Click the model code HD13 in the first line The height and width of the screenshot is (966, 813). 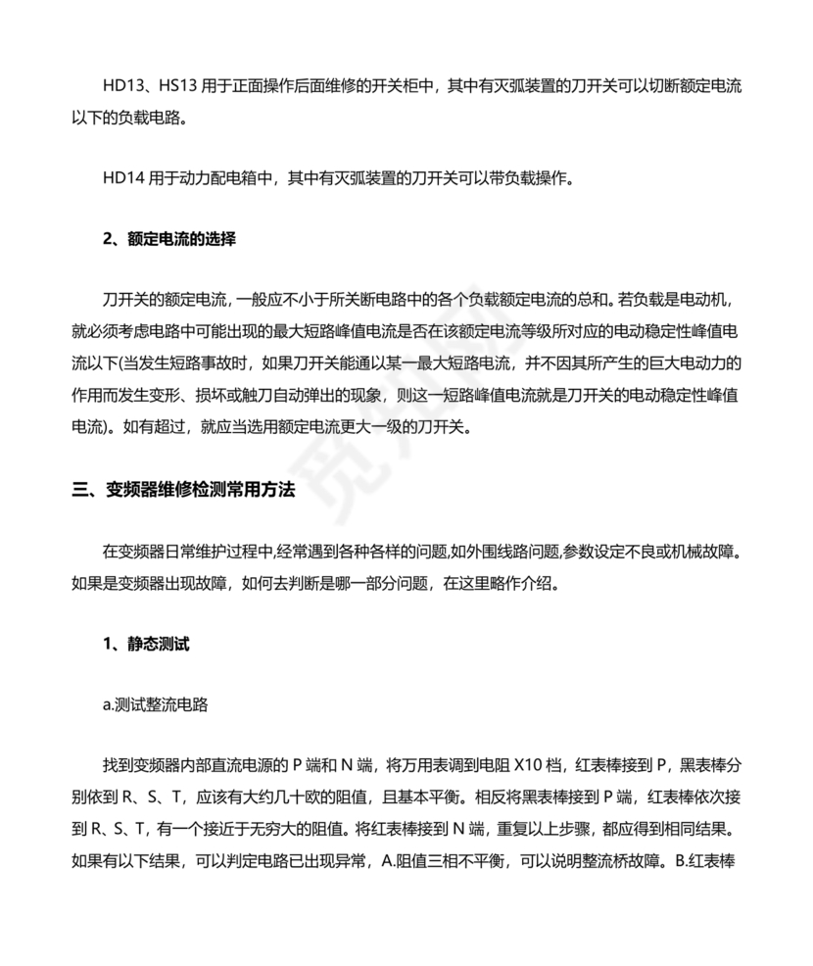point(121,87)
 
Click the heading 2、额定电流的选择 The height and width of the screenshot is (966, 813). point(169,238)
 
